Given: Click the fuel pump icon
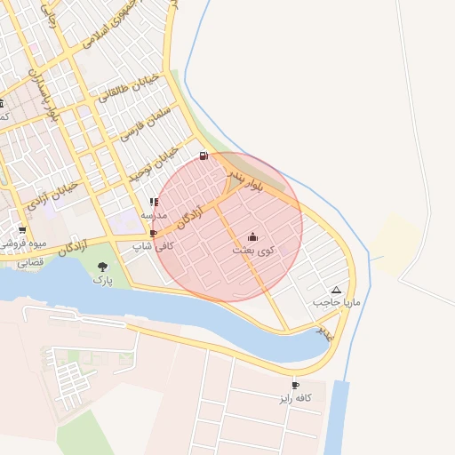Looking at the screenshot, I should point(204,156).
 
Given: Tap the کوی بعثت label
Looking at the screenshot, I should point(253,251).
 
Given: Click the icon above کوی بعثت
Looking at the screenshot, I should point(253,237).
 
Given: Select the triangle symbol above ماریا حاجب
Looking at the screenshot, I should point(336,291).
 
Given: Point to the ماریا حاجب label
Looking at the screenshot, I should point(336,303).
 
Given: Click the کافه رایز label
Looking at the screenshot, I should point(296,398).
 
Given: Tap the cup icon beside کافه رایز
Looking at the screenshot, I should point(296,386).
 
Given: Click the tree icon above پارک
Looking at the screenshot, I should point(104,266).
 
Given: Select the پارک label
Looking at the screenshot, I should point(104,279).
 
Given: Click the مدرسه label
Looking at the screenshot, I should point(154,215).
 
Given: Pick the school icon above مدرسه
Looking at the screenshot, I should point(154,203).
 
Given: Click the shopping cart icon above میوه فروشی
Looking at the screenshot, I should point(21,229).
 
